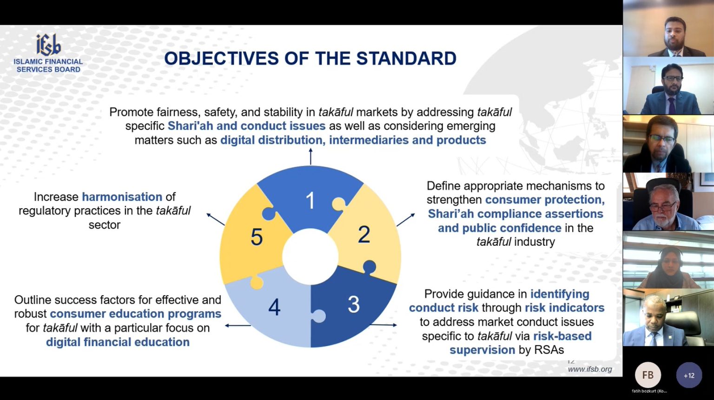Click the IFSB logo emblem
click(48, 45)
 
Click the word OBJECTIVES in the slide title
click(222, 58)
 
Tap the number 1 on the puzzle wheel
click(310, 201)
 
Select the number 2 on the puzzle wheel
click(364, 234)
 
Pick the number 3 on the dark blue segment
click(353, 304)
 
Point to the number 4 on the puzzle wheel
click(274, 307)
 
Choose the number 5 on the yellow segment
click(257, 237)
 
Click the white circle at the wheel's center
click(310, 257)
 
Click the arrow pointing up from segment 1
click(311, 156)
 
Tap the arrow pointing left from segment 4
click(238, 325)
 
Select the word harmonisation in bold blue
click(122, 197)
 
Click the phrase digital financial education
click(118, 342)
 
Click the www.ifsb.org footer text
click(590, 369)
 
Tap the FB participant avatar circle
click(648, 375)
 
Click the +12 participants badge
click(689, 375)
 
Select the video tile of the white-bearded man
click(668, 202)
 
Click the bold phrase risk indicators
click(564, 308)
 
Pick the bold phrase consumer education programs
click(135, 314)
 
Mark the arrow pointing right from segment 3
click(383, 325)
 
